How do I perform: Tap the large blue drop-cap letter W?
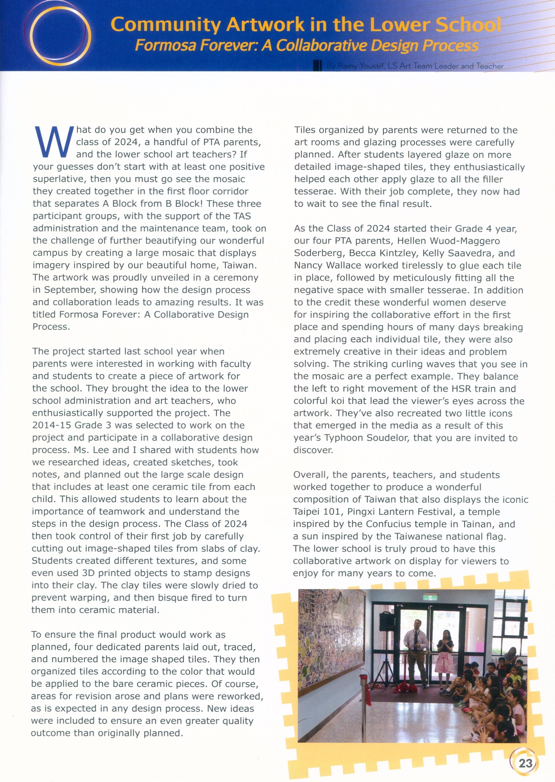click(x=54, y=142)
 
